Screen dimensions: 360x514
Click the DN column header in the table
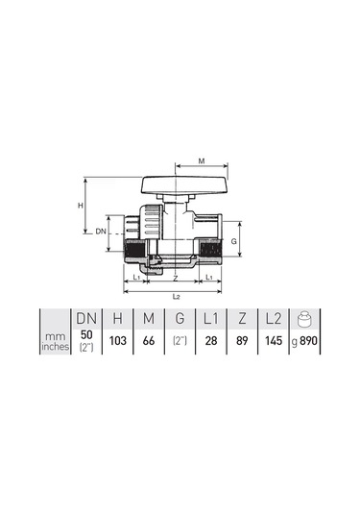[x=86, y=318]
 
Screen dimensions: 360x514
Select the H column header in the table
[x=117, y=318]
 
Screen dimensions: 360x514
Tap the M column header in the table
[x=149, y=318]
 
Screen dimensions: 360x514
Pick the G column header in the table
[x=180, y=318]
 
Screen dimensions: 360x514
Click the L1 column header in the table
[x=210, y=318]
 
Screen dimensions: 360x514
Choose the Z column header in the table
[x=242, y=318]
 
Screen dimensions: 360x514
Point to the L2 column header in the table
[x=274, y=318]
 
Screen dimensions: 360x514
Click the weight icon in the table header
[x=304, y=319]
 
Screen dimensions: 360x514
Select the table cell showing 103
[x=117, y=341]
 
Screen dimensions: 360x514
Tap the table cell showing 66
[x=149, y=341]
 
